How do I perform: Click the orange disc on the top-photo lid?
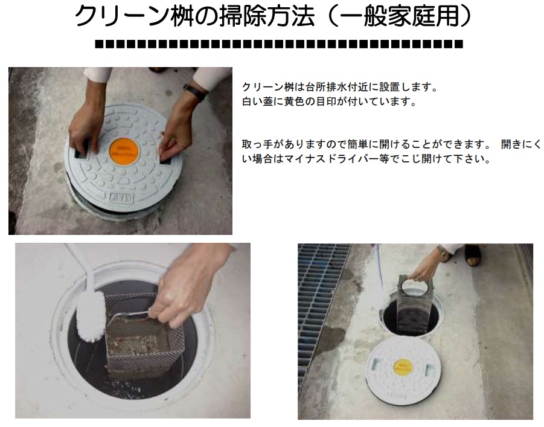(123, 152)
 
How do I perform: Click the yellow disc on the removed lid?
(404, 368)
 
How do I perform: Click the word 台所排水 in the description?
(327, 87)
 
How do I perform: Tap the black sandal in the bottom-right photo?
(473, 255)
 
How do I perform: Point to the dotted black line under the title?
(279, 44)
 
